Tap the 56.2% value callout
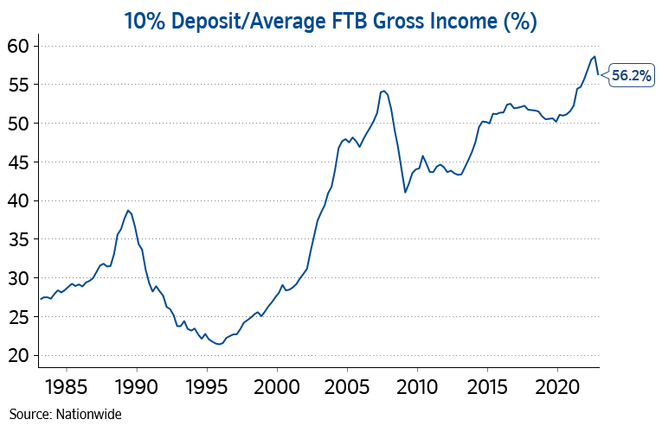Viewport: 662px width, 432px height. (x=632, y=75)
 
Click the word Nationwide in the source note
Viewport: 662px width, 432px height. (x=90, y=414)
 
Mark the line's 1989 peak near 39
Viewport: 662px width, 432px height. (x=128, y=210)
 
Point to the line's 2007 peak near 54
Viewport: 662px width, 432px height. (x=382, y=91)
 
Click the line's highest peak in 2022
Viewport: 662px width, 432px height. (x=595, y=56)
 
